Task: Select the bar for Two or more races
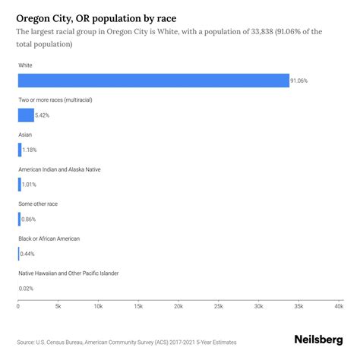[26, 115]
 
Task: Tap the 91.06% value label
[300, 81]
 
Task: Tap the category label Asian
[25, 134]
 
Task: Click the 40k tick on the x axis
[338, 306]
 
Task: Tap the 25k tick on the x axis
[218, 306]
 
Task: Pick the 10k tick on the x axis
[98, 306]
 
